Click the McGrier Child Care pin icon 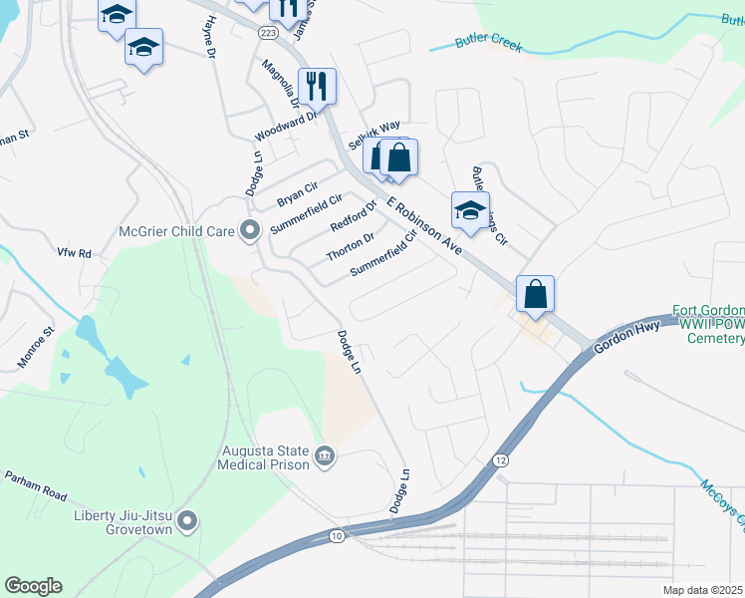250,231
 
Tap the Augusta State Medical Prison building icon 325,456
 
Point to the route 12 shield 499,457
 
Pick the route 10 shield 337,536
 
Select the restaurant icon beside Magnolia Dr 317,86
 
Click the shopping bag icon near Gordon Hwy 535,294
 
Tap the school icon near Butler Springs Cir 470,210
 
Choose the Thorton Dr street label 350,247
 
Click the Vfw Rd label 74,254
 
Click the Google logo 33,585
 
